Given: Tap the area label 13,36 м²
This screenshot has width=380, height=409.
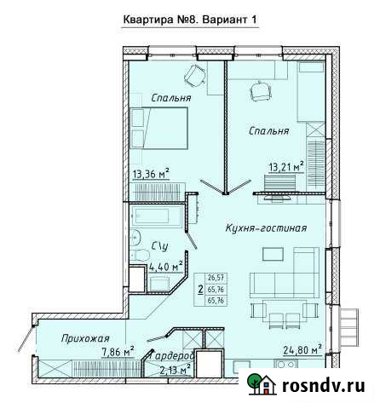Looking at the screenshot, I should (150, 176).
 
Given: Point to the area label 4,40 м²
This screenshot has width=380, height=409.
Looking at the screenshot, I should (166, 267).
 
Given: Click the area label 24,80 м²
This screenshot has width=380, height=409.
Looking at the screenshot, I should (302, 349).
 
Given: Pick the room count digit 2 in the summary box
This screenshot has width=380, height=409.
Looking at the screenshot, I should (200, 290).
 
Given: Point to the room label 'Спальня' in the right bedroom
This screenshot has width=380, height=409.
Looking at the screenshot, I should (269, 131).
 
